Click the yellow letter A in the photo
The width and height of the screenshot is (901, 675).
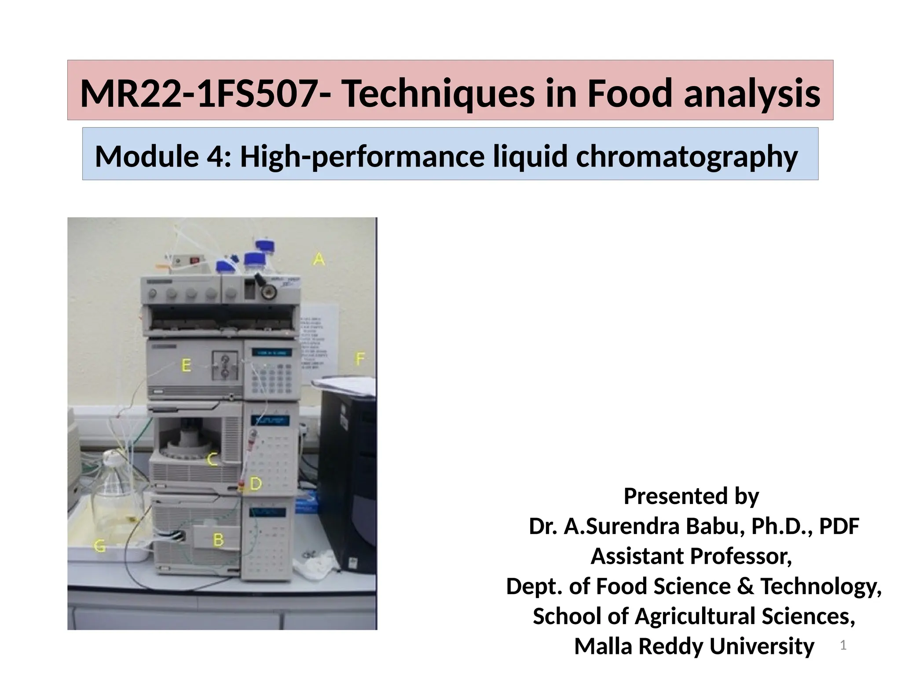[319, 259]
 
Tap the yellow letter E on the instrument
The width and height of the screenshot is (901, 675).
[187, 365]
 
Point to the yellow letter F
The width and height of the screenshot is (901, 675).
[360, 359]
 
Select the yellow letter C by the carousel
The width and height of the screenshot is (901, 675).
[212, 460]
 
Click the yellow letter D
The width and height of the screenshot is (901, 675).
[256, 484]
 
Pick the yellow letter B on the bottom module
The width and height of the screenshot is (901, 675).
[218, 540]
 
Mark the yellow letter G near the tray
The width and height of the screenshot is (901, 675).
[100, 546]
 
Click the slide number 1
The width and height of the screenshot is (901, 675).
[843, 645]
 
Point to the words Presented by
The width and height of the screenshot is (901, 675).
[691, 496]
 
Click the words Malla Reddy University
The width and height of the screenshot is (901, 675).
[694, 646]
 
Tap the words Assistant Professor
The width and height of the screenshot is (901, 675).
[691, 556]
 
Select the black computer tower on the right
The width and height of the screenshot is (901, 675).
[348, 475]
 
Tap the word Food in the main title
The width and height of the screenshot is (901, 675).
[630, 93]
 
